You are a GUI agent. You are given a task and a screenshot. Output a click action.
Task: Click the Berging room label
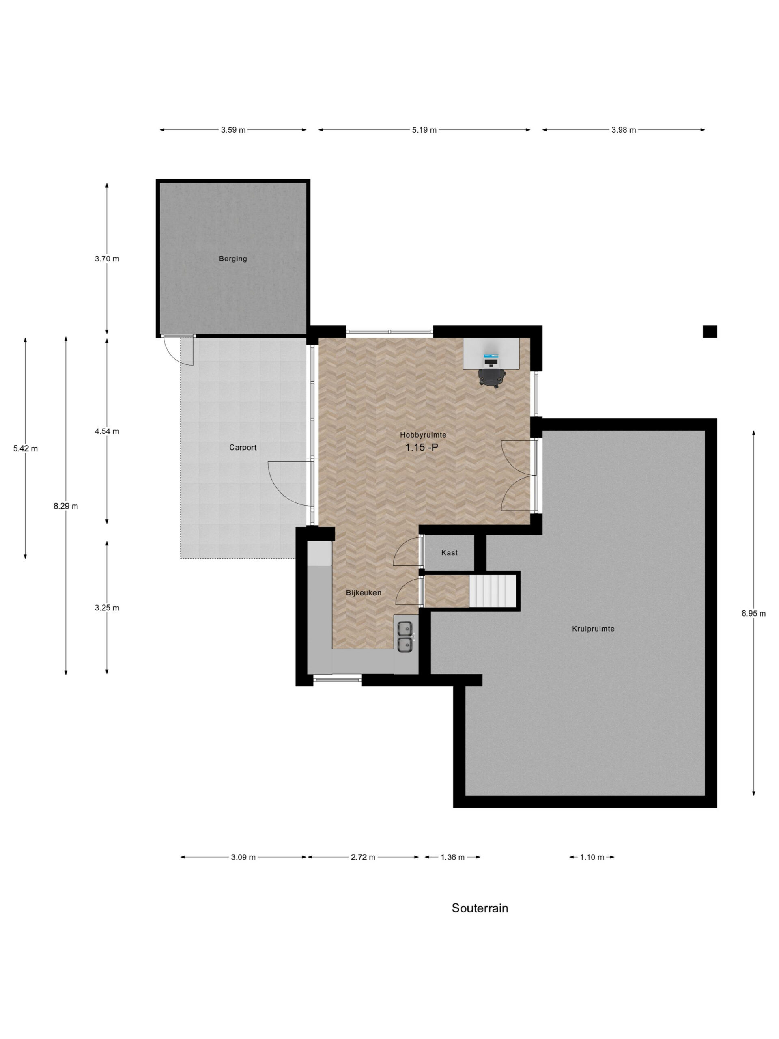232,259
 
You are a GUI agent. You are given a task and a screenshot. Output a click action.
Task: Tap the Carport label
243,447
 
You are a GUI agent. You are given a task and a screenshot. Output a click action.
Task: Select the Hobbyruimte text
423,435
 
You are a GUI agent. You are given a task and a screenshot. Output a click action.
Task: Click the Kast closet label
450,552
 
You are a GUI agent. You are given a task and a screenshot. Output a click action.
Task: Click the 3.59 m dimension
233,130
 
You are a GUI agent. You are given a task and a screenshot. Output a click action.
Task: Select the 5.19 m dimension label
424,130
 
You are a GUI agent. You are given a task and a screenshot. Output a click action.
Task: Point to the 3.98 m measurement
624,130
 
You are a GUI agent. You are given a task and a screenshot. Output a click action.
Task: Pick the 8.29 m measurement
66,506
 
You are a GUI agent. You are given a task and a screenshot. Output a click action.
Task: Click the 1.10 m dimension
592,857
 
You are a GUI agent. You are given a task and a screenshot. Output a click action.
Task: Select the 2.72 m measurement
363,857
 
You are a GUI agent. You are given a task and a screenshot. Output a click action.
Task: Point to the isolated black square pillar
710,332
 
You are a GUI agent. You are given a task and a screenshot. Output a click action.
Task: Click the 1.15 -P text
422,447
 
